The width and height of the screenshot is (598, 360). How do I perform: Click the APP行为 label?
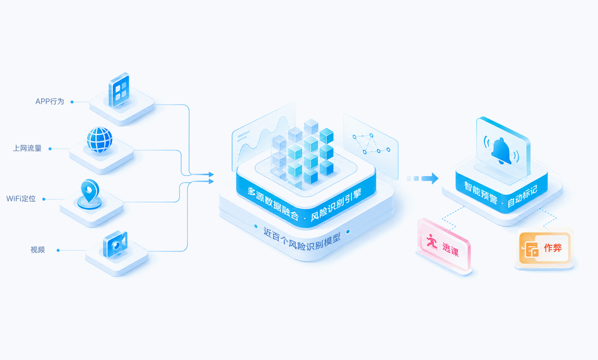[x=50, y=102]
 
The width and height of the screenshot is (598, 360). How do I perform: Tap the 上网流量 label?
[x=27, y=148]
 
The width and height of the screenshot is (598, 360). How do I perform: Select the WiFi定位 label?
[x=21, y=199]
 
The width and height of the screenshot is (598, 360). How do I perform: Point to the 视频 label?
[x=37, y=250]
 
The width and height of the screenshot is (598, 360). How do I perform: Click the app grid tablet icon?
[x=119, y=90]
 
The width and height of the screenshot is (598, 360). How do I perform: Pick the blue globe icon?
[x=99, y=140]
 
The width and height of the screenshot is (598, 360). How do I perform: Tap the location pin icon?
[x=90, y=194]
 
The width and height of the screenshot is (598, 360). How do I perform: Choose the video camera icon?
[x=115, y=244]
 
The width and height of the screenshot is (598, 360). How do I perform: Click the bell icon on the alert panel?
[x=501, y=151]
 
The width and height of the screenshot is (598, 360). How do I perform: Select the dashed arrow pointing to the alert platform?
[x=422, y=178]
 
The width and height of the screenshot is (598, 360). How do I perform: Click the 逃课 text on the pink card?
[x=451, y=250]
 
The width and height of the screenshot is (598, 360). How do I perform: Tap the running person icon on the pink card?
[x=432, y=241]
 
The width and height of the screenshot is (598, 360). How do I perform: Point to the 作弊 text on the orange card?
[x=553, y=248]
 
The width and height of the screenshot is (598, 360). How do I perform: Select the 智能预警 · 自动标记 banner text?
[x=501, y=195]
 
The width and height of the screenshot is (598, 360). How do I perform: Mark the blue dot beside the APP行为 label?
[x=72, y=102]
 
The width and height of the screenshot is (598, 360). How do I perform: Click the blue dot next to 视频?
[x=58, y=250]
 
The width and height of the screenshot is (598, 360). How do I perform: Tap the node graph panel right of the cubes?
[x=371, y=147]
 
